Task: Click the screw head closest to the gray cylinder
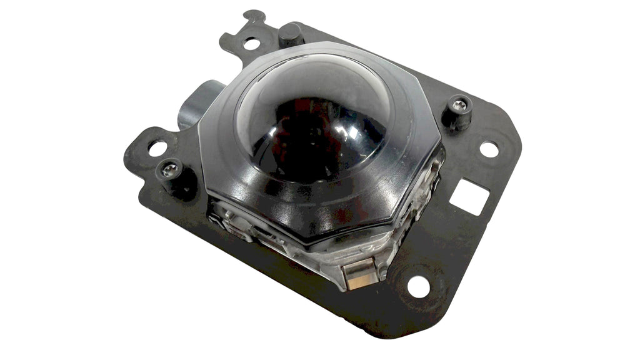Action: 169,167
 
